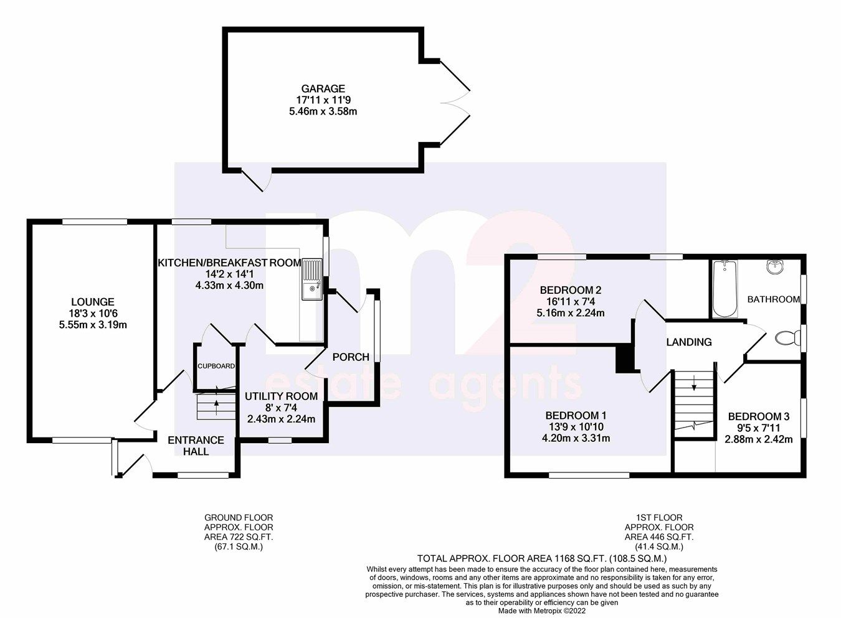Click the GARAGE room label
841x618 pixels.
[x=320, y=89]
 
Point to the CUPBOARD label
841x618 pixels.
[x=216, y=366]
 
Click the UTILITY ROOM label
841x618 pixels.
[x=281, y=396]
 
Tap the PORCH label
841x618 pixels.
[x=351, y=357]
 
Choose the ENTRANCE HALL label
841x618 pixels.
[x=196, y=446]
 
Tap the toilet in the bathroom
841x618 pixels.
[x=787, y=339]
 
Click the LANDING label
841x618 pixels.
[x=688, y=342]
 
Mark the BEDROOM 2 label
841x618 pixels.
[x=570, y=290]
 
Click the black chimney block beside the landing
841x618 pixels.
[x=623, y=359]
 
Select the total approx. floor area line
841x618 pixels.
[x=541, y=558]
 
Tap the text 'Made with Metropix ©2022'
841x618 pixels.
[x=541, y=611]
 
